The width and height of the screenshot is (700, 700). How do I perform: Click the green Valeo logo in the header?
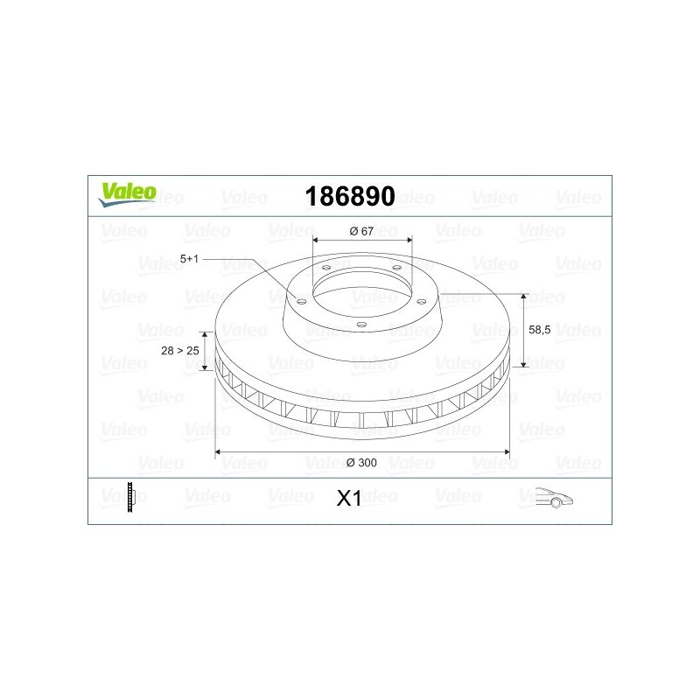tap(127, 194)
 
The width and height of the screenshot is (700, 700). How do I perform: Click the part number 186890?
tap(350, 196)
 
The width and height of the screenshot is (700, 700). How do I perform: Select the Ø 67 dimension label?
tap(361, 231)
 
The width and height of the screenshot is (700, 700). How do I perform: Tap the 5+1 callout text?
tap(189, 259)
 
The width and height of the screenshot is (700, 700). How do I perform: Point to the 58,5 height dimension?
tap(539, 330)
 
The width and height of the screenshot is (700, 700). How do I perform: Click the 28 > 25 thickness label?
tap(180, 351)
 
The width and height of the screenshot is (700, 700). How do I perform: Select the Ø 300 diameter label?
tap(361, 463)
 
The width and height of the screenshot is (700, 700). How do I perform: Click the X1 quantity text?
tap(349, 499)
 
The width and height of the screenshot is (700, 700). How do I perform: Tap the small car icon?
tap(554, 497)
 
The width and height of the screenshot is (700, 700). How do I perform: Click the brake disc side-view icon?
tap(130, 497)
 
